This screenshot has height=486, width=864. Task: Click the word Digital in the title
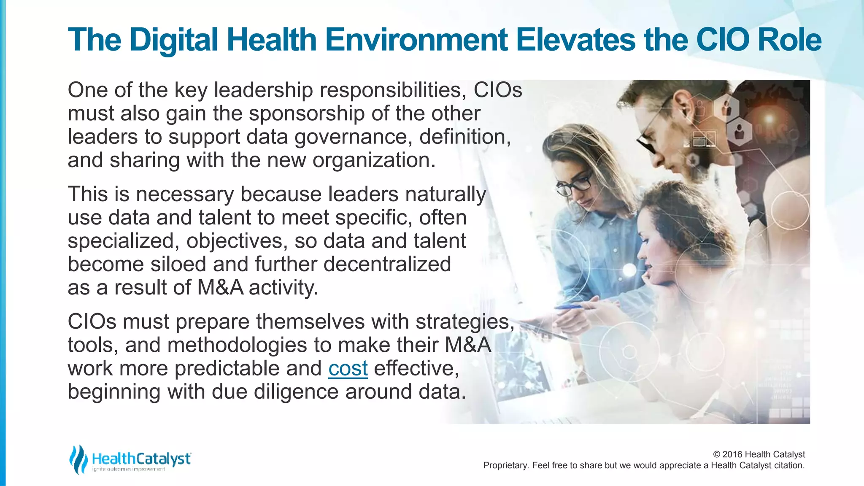174,40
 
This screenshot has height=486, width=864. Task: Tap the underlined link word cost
348,368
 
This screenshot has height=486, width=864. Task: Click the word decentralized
387,264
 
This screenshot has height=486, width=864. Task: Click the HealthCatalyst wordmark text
141,458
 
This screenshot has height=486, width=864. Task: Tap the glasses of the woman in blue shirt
575,185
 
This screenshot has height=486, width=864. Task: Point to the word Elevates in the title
576,40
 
